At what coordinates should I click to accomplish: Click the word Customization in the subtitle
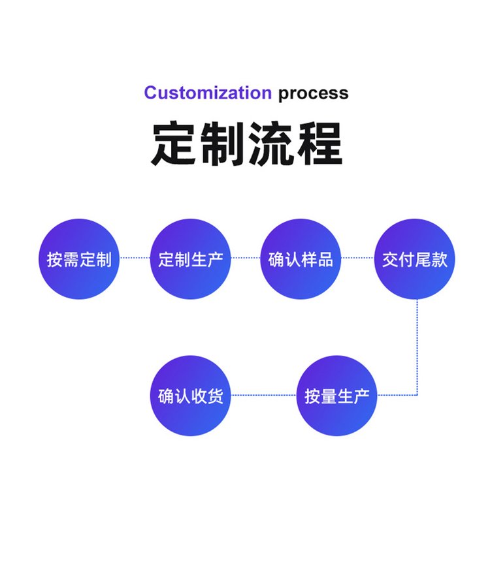(x=207, y=93)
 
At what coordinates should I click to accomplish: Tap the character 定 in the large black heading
(x=174, y=144)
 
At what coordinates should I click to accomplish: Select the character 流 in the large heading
(x=270, y=144)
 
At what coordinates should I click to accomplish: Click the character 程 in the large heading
(x=318, y=144)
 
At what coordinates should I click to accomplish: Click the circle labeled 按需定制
(x=79, y=259)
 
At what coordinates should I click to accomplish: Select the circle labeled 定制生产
(x=191, y=259)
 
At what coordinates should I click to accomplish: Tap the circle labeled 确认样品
(x=301, y=259)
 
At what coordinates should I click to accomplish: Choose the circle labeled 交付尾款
(x=415, y=259)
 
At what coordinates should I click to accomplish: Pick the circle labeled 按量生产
(x=337, y=396)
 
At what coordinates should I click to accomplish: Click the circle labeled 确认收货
(x=191, y=396)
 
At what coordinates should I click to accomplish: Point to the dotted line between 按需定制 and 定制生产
(x=135, y=258)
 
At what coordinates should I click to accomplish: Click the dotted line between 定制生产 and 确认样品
(x=246, y=258)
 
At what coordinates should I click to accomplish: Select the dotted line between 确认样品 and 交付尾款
(x=358, y=258)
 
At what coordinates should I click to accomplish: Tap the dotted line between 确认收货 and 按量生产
(x=264, y=395)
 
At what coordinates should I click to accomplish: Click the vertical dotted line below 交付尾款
(x=417, y=346)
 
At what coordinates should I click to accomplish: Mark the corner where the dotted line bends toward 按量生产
(x=417, y=395)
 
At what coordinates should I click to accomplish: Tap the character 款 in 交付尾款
(x=439, y=260)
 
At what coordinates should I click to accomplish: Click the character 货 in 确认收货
(x=215, y=396)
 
